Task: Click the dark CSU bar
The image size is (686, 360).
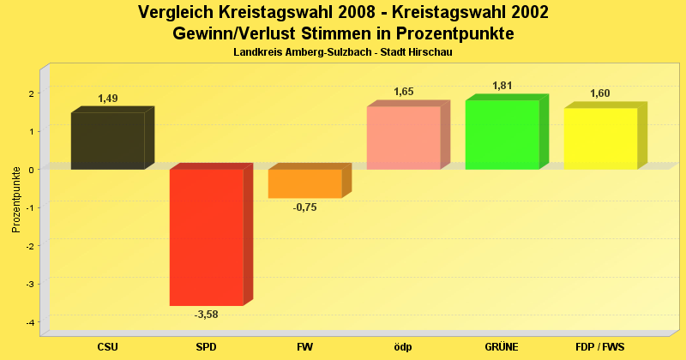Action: tap(108, 141)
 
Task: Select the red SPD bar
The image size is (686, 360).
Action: tap(207, 237)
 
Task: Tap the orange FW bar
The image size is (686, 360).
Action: tap(305, 183)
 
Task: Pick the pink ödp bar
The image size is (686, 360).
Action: tap(403, 137)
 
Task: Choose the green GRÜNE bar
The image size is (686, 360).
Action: tap(502, 135)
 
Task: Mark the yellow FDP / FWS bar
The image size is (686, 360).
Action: tap(600, 138)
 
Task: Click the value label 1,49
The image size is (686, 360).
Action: tap(108, 99)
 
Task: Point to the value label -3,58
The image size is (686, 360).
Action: tap(207, 315)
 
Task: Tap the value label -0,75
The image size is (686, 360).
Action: tap(305, 207)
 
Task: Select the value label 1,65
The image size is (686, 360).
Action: tap(404, 92)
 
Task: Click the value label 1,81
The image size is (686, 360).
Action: tap(502, 86)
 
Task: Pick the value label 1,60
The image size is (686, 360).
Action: tap(600, 93)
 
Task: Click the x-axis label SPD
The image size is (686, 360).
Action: tap(207, 347)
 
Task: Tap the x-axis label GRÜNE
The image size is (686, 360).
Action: tap(502, 347)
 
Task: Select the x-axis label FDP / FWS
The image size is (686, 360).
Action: tap(600, 347)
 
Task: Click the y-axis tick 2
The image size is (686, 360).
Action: tap(31, 93)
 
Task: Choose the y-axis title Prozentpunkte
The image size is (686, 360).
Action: tap(15, 199)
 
